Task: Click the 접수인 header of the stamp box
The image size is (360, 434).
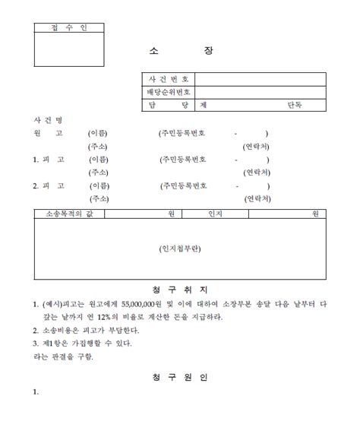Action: [69, 28]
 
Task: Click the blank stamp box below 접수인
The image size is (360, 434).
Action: [69, 49]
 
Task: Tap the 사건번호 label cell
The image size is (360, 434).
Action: [169, 79]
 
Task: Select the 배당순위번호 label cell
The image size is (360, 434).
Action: [169, 92]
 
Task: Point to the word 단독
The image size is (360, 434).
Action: [294, 105]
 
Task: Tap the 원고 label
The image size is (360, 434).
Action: [48, 133]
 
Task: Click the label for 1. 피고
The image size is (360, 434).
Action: [48, 160]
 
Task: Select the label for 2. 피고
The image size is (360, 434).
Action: [48, 185]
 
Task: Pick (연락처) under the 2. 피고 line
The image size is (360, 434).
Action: [257, 198]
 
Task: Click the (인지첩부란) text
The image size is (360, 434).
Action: [180, 248]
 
